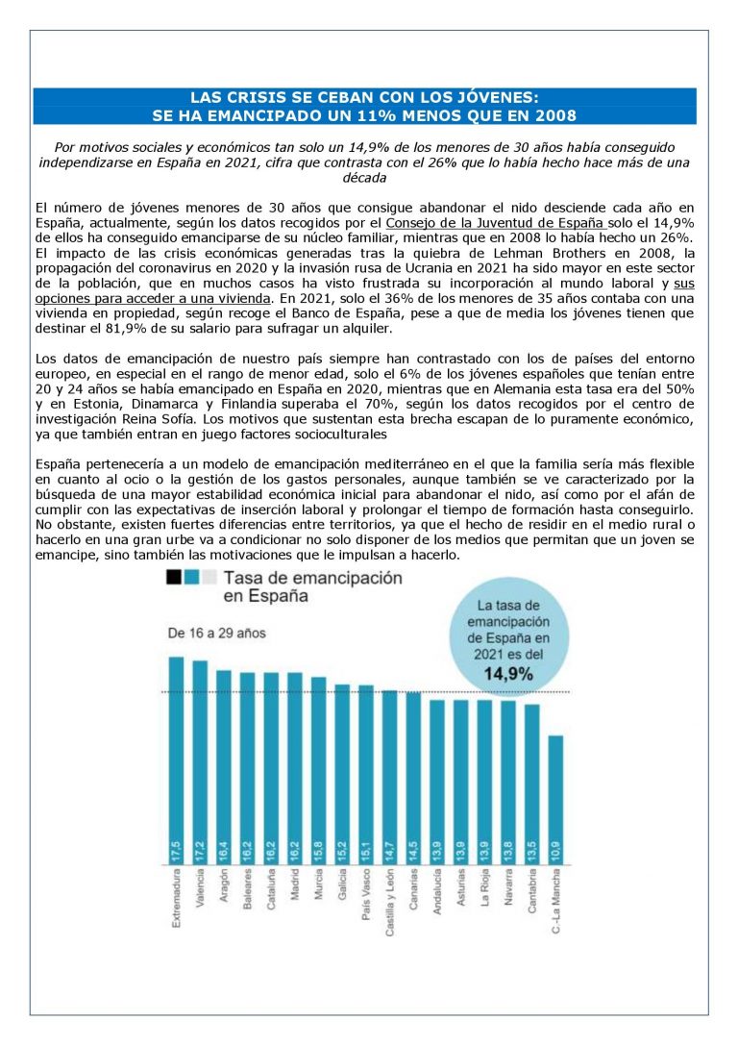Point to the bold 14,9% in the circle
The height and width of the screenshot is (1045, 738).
507,674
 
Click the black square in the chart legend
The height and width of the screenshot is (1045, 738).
174,577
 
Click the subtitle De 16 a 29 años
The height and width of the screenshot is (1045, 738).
216,634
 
